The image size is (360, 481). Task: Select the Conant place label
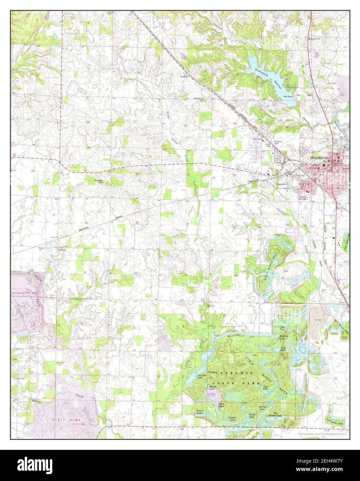tap(62, 249)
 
